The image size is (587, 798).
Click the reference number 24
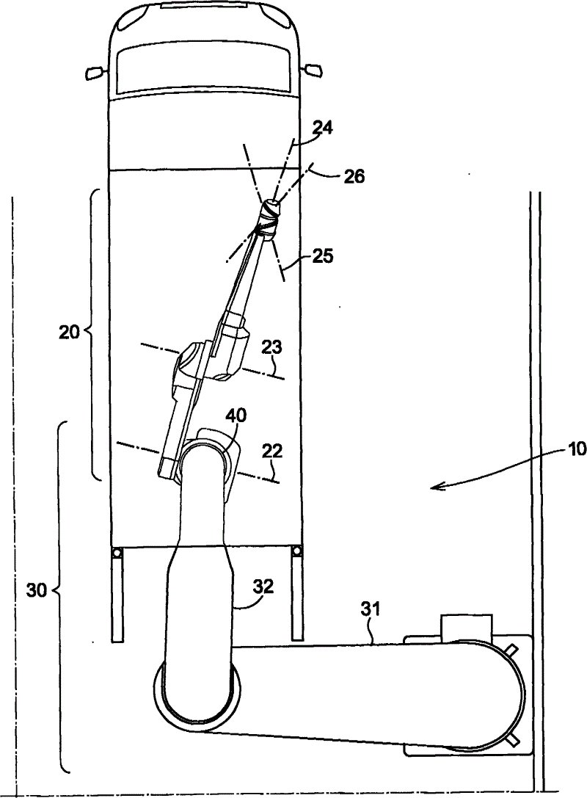click(321, 128)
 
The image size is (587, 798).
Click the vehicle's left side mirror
click(95, 72)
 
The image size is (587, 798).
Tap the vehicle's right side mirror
click(313, 71)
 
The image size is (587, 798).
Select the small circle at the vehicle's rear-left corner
click(115, 553)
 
